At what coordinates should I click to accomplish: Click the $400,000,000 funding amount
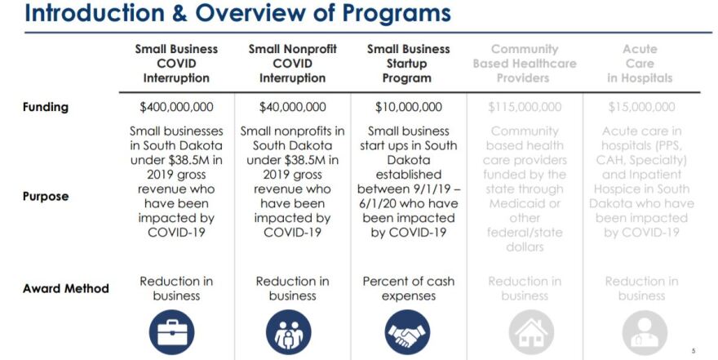pos(176,107)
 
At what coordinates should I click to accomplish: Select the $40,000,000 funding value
pos(293,107)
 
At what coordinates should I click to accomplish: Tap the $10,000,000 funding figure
pos(409,107)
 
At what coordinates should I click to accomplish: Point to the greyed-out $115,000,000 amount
pos(525,107)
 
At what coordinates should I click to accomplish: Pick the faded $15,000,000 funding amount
pos(641,107)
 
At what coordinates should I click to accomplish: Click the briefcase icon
pos(171,332)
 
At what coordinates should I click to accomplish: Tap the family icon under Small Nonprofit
pos(289,332)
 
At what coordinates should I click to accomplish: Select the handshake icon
pos(407,332)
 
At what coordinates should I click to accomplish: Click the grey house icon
pos(531,333)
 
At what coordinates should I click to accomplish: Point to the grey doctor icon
pos(645,333)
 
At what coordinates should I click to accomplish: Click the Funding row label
pos(46,107)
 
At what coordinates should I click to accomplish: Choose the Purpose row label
pos(46,197)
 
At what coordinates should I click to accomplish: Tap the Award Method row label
pos(66,288)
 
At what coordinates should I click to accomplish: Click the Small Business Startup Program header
pos(408,64)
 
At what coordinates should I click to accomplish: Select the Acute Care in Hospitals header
pos(640,64)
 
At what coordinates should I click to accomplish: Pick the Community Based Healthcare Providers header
pos(525,64)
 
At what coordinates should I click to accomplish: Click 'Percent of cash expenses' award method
pos(409,288)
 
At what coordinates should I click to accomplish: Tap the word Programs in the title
pos(397,13)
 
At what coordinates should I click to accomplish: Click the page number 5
pos(694,351)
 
